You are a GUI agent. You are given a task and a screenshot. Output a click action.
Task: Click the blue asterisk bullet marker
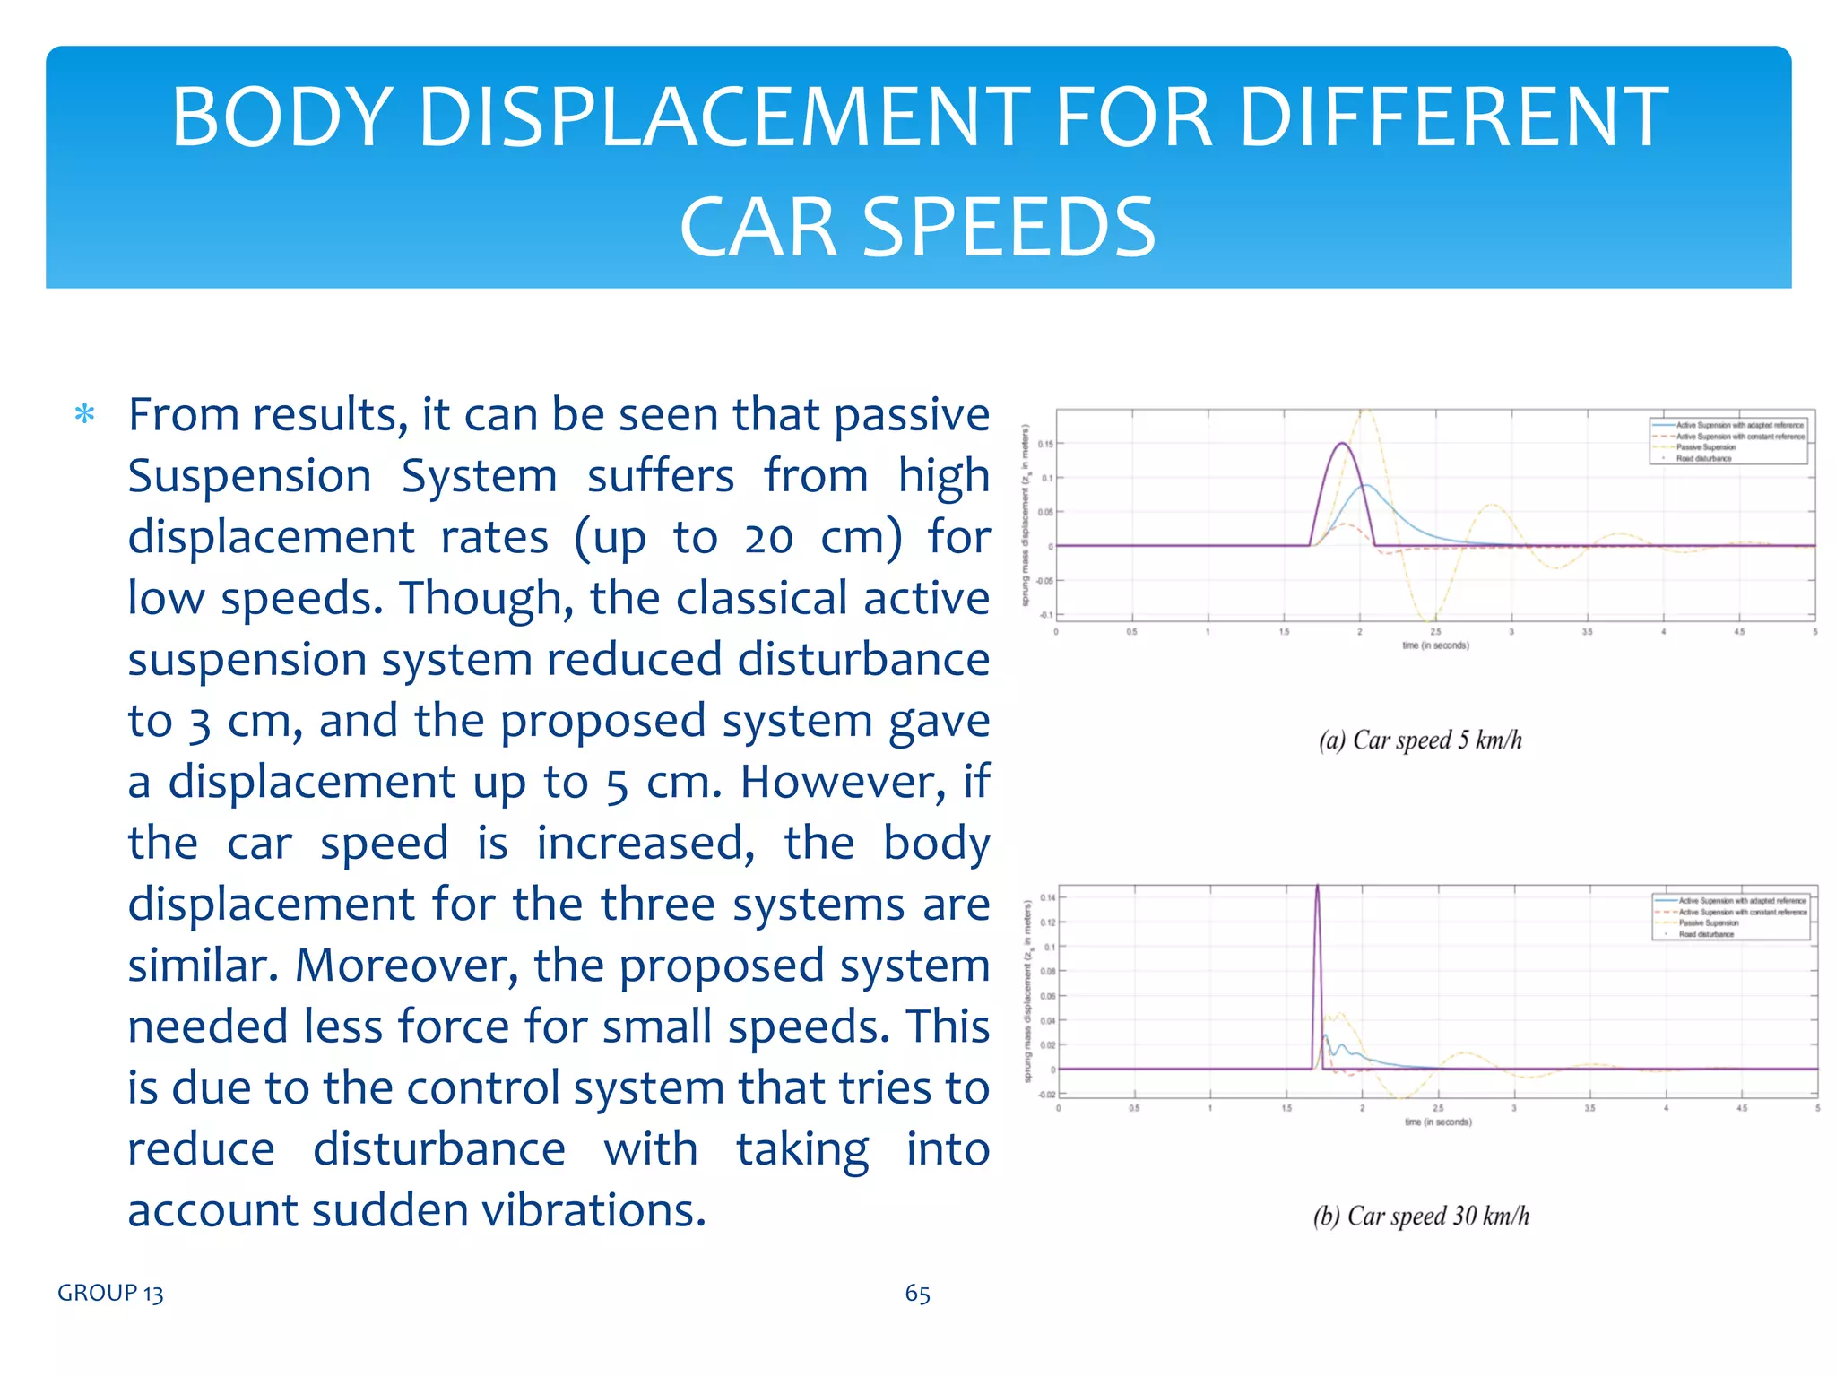[84, 414]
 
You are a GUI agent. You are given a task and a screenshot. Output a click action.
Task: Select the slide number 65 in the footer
[917, 1293]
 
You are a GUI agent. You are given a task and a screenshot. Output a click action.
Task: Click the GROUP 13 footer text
[110, 1293]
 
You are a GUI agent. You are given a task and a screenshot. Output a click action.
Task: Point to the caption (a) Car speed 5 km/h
[1420, 740]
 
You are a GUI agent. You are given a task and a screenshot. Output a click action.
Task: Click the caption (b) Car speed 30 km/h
[1421, 1216]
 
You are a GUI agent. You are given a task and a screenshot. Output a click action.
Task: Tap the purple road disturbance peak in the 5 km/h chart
[1342, 444]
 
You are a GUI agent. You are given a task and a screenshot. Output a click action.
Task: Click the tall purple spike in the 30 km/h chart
[1317, 896]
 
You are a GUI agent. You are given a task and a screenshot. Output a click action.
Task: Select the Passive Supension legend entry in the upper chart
[1705, 447]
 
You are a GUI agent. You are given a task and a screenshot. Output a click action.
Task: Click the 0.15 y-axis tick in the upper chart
[1045, 444]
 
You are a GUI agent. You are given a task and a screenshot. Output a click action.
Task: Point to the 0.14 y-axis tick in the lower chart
[1047, 897]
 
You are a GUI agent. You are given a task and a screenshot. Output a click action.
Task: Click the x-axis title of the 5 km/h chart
[1435, 645]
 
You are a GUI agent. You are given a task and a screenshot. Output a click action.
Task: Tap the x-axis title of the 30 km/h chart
[1437, 1122]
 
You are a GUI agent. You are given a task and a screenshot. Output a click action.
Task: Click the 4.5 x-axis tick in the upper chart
[1739, 632]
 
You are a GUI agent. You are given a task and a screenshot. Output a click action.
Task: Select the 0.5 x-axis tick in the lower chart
[1134, 1108]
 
